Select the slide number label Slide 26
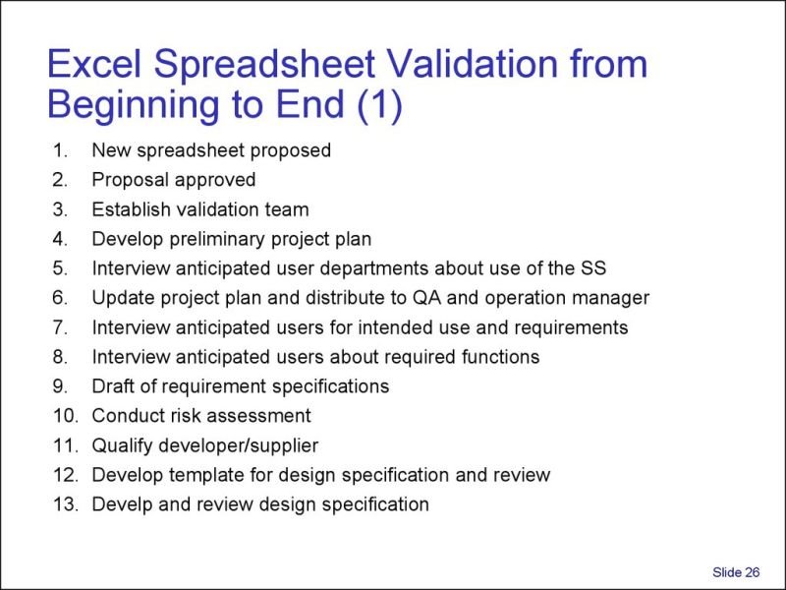point(736,572)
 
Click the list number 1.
point(61,150)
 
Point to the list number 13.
point(65,504)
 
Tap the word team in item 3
point(288,209)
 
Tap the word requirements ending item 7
point(573,327)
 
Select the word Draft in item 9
point(113,386)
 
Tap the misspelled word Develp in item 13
point(119,504)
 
